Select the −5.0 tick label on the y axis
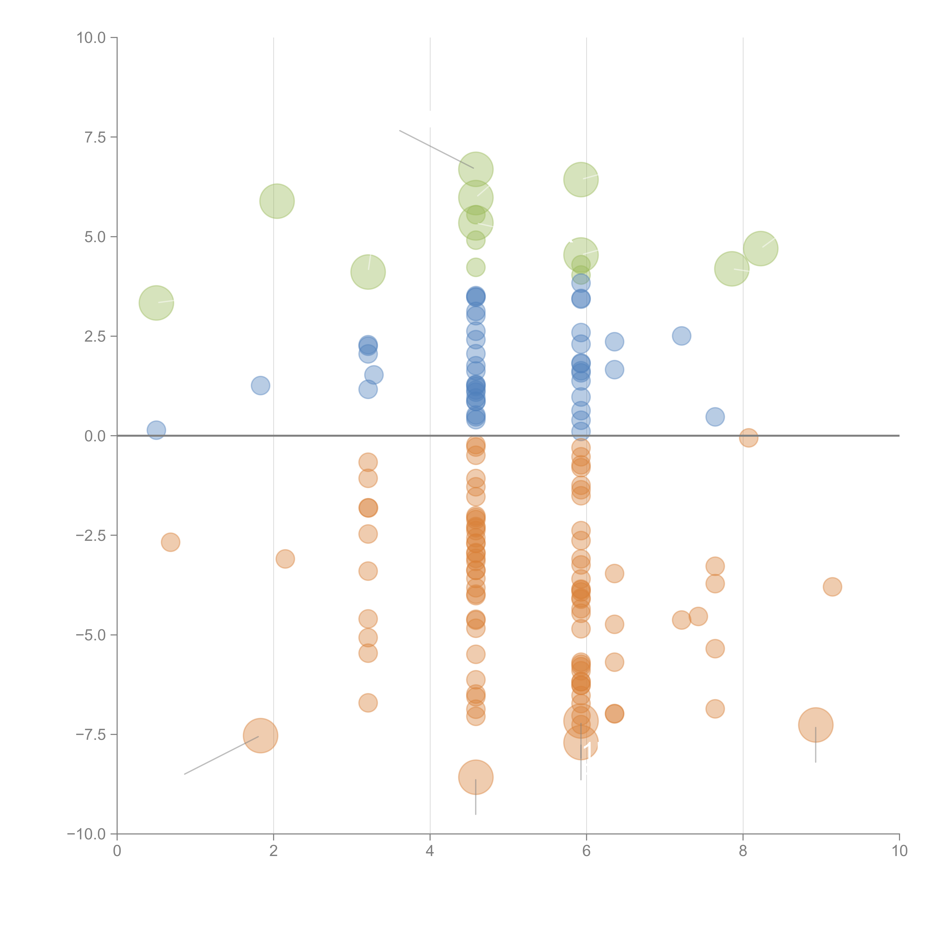[91, 635]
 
